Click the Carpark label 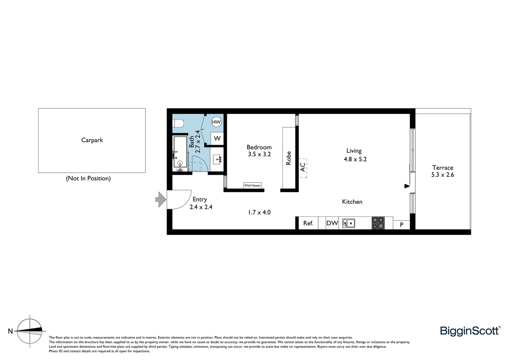click(92, 140)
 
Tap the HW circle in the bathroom click(217, 122)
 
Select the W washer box click(217, 138)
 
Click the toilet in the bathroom click(179, 124)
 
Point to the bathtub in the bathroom click(180, 153)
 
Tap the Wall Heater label click(253, 185)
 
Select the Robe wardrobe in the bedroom click(288, 158)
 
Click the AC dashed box click(303, 168)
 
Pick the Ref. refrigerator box click(308, 223)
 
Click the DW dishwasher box click(332, 223)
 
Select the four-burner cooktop click(378, 223)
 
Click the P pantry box click(401, 225)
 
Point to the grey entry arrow click(161, 200)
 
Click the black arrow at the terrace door click(407, 186)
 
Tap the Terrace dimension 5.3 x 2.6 click(443, 175)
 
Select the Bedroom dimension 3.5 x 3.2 click(259, 154)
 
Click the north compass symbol click(30, 331)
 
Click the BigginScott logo click(470, 331)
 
